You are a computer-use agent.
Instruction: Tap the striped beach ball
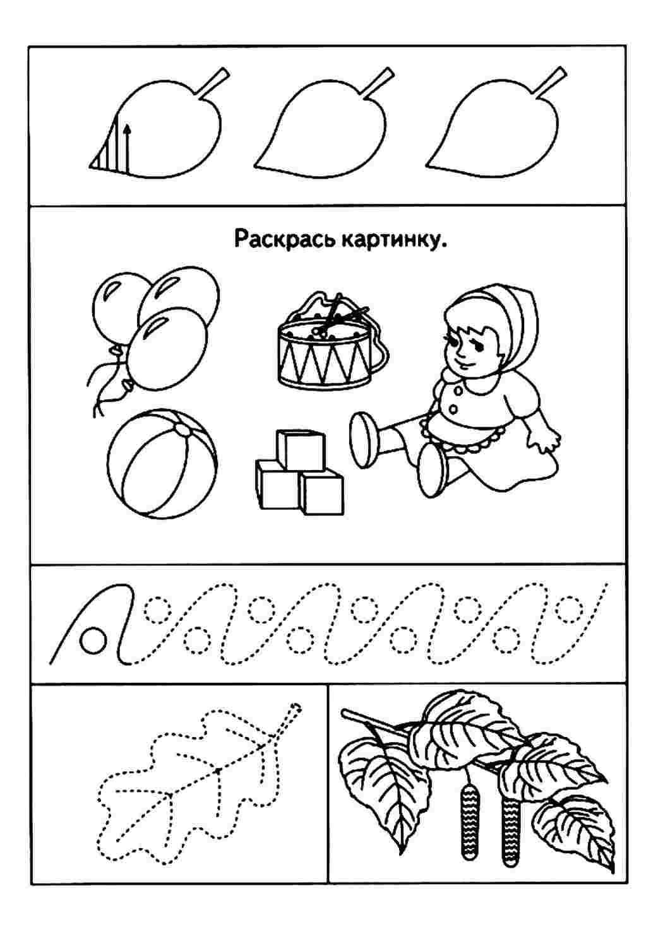[162, 464]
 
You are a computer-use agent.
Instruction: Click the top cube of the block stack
[301, 450]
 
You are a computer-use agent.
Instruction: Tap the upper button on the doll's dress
[459, 391]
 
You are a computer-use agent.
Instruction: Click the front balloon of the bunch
[167, 348]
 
